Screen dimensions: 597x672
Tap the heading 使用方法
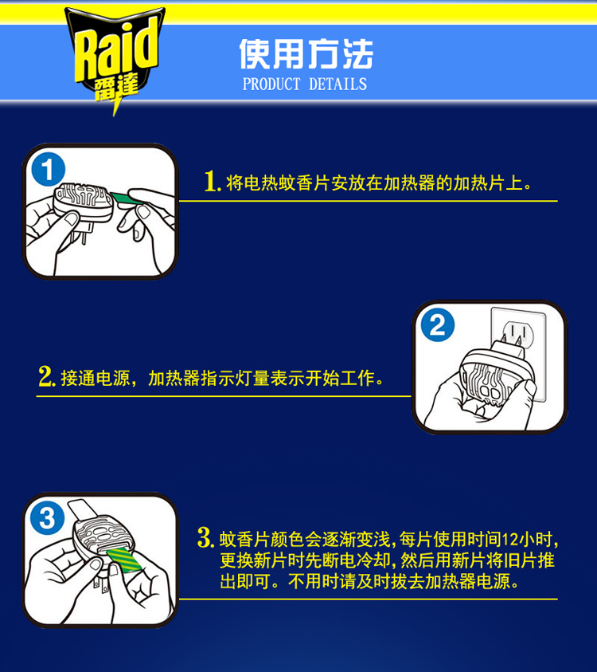pyautogui.click(x=306, y=54)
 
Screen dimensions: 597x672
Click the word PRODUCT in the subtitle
pyautogui.click(x=271, y=84)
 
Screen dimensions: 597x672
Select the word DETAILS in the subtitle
pyautogui.click(x=338, y=84)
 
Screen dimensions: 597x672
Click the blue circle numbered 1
pyautogui.click(x=49, y=169)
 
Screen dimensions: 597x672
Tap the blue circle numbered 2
pyautogui.click(x=437, y=325)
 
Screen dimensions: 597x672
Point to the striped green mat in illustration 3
pyautogui.click(x=123, y=560)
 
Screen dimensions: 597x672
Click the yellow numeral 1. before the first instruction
pyautogui.click(x=213, y=181)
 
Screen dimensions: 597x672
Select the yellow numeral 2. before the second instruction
pyautogui.click(x=47, y=376)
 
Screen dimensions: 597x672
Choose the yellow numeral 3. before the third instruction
pyautogui.click(x=205, y=537)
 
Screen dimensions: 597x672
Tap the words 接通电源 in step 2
pyautogui.click(x=96, y=378)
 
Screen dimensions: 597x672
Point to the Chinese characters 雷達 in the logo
pyautogui.click(x=116, y=88)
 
